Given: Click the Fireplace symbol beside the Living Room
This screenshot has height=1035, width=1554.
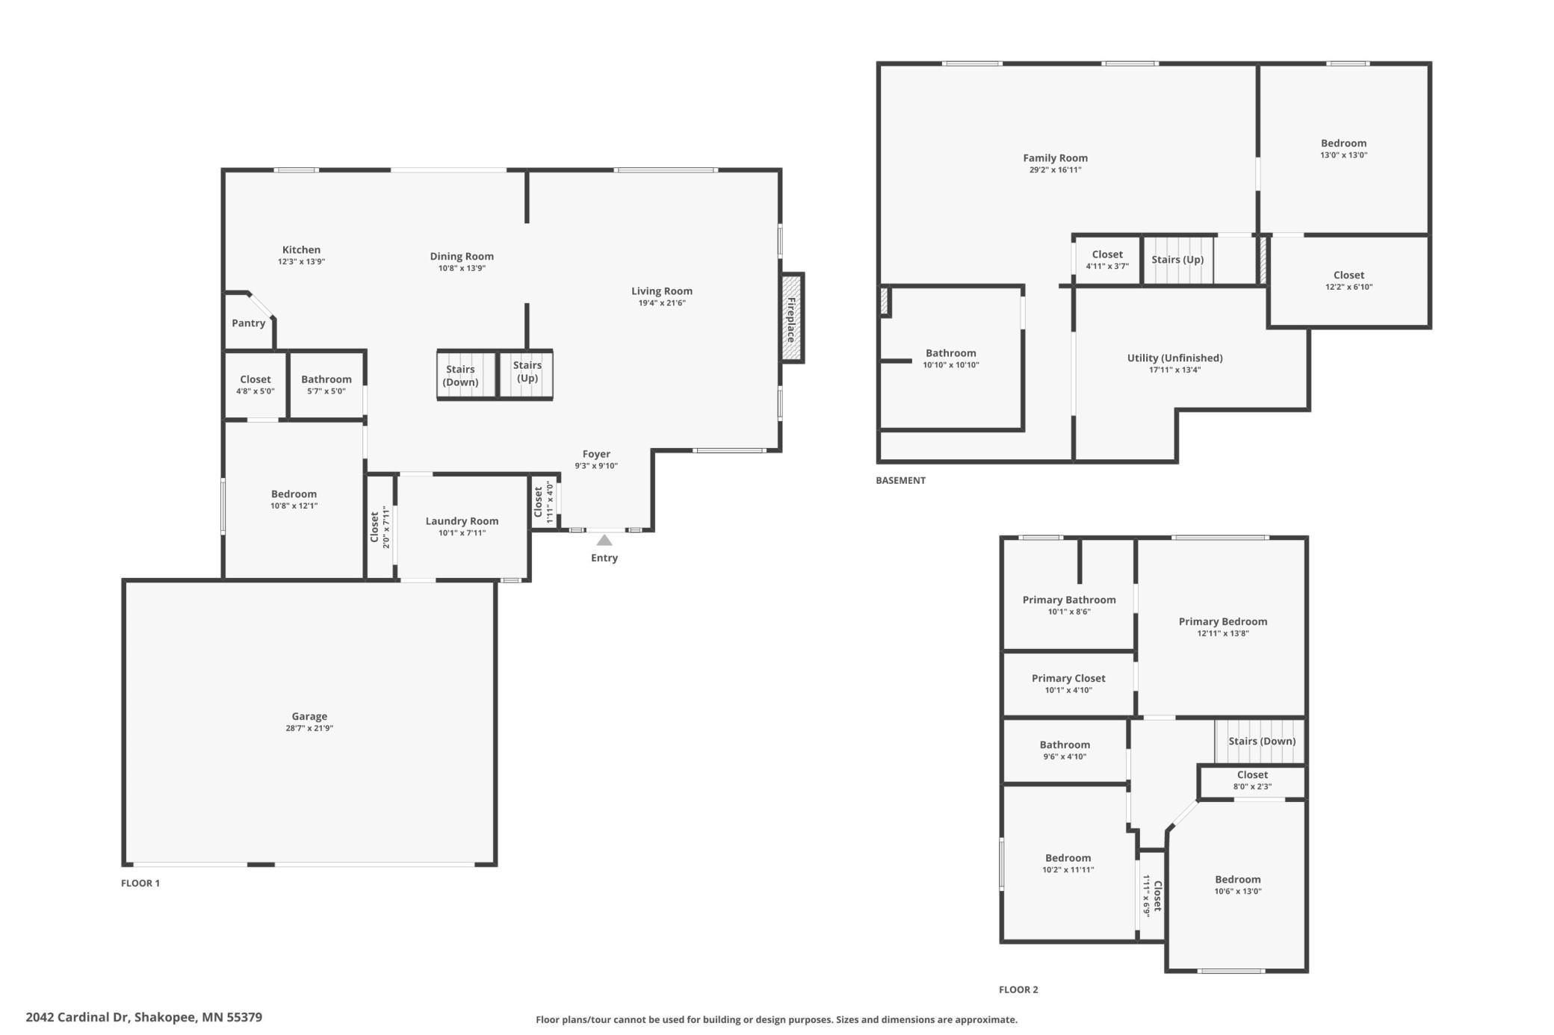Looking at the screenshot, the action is click(791, 319).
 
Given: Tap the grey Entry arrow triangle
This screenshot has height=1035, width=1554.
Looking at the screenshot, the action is click(604, 540).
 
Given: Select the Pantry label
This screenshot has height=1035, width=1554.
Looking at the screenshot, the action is click(248, 323).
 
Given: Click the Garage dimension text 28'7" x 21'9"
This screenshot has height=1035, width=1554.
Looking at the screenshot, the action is click(309, 728).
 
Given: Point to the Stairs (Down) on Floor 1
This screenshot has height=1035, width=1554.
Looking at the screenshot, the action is click(468, 375).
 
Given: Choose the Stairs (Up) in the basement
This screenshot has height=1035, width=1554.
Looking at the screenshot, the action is click(1177, 260).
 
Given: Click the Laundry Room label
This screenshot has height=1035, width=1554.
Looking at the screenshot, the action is click(462, 521).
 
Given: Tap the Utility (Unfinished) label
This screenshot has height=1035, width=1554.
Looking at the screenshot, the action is click(1174, 358).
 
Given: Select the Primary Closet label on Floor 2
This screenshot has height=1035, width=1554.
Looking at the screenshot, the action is click(1068, 678).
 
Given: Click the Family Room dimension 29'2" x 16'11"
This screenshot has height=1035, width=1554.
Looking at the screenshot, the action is click(1055, 170).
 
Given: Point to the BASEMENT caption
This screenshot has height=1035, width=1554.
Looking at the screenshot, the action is click(900, 480).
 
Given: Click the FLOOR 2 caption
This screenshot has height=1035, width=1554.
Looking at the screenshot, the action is click(1018, 989).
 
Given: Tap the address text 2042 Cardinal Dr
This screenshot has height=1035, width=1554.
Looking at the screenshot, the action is click(78, 1017).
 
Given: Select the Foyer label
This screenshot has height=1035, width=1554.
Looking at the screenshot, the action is click(596, 454).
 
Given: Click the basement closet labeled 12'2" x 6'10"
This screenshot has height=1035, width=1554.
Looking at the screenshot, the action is click(1349, 281).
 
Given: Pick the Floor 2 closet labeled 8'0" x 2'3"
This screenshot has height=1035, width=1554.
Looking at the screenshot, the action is click(1252, 780).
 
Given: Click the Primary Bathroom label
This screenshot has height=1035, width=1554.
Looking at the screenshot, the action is click(1069, 600).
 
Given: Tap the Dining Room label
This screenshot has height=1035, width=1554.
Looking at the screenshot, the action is click(462, 256).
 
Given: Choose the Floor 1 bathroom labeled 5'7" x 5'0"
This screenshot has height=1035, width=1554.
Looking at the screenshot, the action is click(326, 385).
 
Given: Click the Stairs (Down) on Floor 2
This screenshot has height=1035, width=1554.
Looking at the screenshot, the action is click(1260, 741).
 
